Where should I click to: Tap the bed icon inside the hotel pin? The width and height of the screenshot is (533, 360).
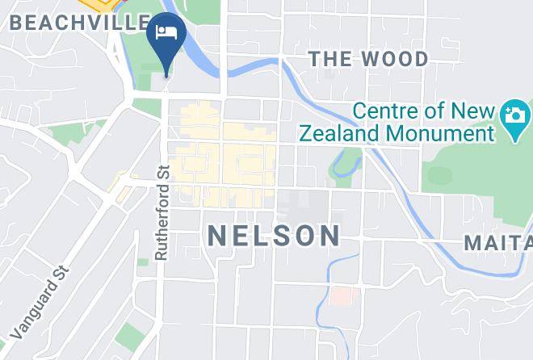click(x=167, y=33)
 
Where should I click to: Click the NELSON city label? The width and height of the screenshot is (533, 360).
click(x=274, y=235)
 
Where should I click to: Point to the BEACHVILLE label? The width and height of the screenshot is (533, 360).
click(x=79, y=23)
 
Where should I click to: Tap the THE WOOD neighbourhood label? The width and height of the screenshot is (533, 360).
click(x=369, y=59)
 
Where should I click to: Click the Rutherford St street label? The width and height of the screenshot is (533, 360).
click(x=162, y=213)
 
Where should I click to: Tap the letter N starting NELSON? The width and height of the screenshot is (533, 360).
click(x=216, y=235)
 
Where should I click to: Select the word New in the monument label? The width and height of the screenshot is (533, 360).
click(x=464, y=111)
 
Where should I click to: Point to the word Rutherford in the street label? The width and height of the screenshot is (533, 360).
click(x=162, y=221)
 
